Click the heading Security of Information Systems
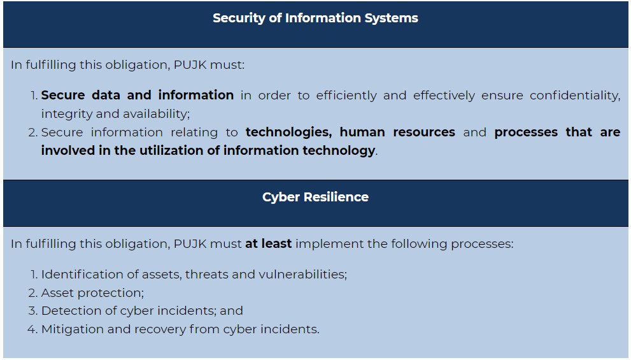click(316, 18)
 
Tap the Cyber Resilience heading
click(316, 197)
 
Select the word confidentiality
click(575, 96)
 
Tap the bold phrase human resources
click(397, 132)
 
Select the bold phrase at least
click(269, 243)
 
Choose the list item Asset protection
click(92, 292)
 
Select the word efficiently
click(346, 96)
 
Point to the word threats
click(206, 274)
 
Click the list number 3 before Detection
click(32, 311)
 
